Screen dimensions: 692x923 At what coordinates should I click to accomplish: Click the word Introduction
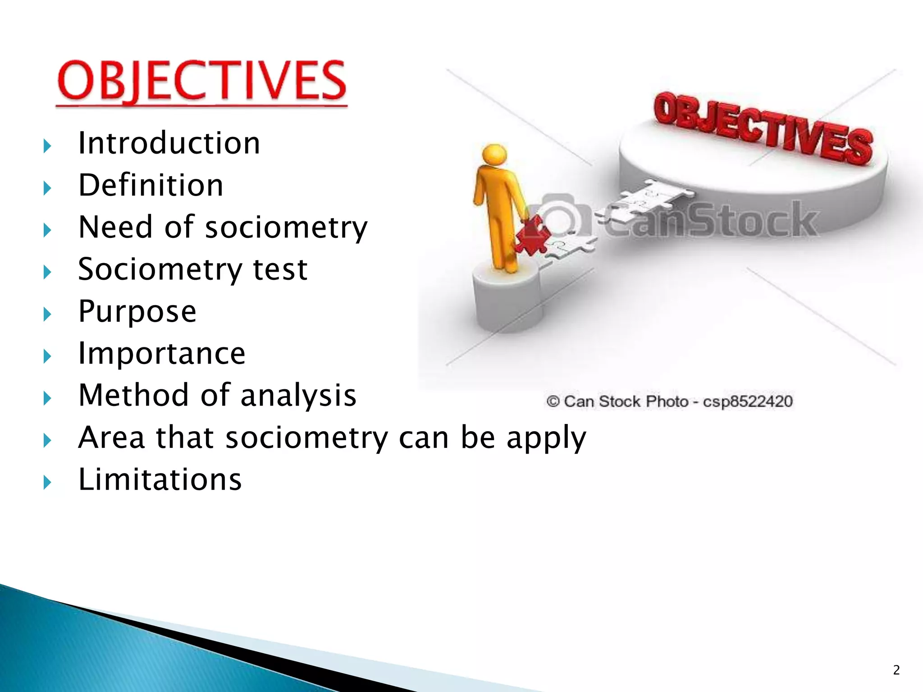coord(169,143)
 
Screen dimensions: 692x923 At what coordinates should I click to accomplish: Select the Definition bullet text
coord(151,185)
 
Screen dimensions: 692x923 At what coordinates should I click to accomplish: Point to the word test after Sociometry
coord(280,269)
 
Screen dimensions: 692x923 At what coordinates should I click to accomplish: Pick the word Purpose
coord(137,311)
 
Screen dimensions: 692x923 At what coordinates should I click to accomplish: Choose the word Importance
coord(161,353)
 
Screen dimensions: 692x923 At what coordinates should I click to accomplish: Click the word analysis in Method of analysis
coord(298,395)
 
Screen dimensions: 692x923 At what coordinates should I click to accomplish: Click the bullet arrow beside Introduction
coord(47,146)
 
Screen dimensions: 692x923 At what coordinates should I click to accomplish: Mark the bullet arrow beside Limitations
coord(47,483)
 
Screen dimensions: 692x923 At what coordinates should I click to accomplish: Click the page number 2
coord(896,670)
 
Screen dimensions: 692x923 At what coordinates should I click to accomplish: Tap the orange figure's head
coord(494,155)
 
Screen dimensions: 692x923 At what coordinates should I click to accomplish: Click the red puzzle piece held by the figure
coord(533,236)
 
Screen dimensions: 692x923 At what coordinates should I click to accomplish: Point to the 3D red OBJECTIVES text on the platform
coord(763,128)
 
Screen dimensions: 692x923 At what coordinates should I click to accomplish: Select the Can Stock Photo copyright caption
coord(669,401)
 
